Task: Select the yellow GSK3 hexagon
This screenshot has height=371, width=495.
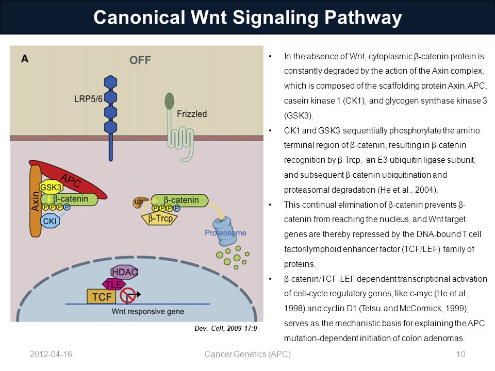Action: (x=51, y=188)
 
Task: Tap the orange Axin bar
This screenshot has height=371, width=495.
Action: (x=36, y=201)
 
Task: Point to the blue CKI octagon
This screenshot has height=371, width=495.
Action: (x=50, y=221)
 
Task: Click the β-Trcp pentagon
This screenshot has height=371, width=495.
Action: (x=160, y=218)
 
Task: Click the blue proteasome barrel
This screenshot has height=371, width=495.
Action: (x=225, y=231)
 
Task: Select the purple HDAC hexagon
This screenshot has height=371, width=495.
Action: (x=124, y=272)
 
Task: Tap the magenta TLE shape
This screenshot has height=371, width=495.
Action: (x=113, y=284)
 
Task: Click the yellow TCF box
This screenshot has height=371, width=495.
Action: (x=102, y=297)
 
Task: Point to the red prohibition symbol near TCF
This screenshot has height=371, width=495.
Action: (x=128, y=296)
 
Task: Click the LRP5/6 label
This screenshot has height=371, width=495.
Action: (x=88, y=99)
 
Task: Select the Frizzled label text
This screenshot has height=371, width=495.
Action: (x=192, y=114)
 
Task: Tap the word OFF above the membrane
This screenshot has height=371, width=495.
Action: (x=140, y=60)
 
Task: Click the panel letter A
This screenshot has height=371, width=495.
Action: (x=25, y=59)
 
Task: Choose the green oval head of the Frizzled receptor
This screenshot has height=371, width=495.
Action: (x=170, y=101)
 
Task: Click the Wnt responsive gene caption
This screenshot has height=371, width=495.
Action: (x=148, y=311)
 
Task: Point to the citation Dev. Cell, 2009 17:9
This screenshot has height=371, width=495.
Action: (x=226, y=328)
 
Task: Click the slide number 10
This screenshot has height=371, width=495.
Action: (x=461, y=355)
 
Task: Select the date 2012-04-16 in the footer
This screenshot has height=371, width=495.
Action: (x=51, y=355)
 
